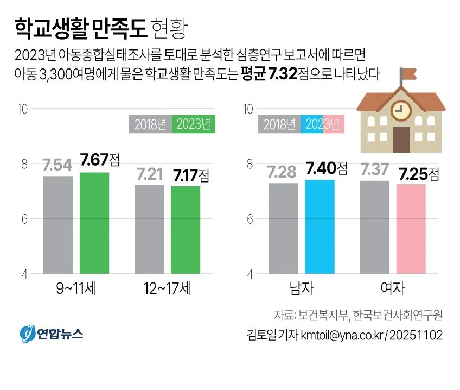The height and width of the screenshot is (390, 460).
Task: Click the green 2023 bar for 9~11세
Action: point(94,223)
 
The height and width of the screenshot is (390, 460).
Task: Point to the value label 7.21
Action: point(149,175)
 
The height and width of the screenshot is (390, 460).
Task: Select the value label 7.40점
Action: point(325,168)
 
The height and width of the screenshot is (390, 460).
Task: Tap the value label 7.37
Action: point(374,169)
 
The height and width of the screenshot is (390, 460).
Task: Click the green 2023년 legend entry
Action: point(194,124)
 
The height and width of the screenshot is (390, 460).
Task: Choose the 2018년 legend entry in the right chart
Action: point(279,124)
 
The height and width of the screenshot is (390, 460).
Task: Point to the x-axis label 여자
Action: point(393,288)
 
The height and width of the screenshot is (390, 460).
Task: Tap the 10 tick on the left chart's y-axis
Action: point(22,109)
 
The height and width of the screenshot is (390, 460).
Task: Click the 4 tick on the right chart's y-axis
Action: point(249,274)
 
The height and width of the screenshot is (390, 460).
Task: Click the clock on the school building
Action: point(400,109)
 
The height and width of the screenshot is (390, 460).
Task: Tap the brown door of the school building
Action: point(401,140)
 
